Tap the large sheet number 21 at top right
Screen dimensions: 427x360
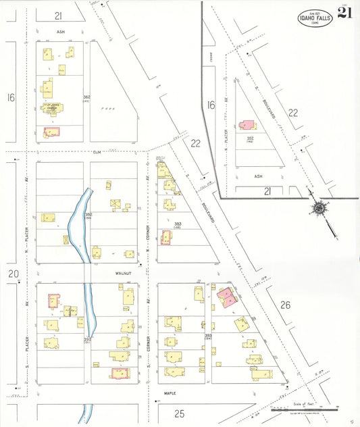345,14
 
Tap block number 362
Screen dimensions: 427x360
86,98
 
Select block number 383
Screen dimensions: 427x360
178,224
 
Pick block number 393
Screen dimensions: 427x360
208,335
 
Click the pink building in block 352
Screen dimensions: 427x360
247,126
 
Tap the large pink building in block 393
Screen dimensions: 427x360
227,298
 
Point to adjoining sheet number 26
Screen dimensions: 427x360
285,305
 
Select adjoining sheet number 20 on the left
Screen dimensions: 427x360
13,274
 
